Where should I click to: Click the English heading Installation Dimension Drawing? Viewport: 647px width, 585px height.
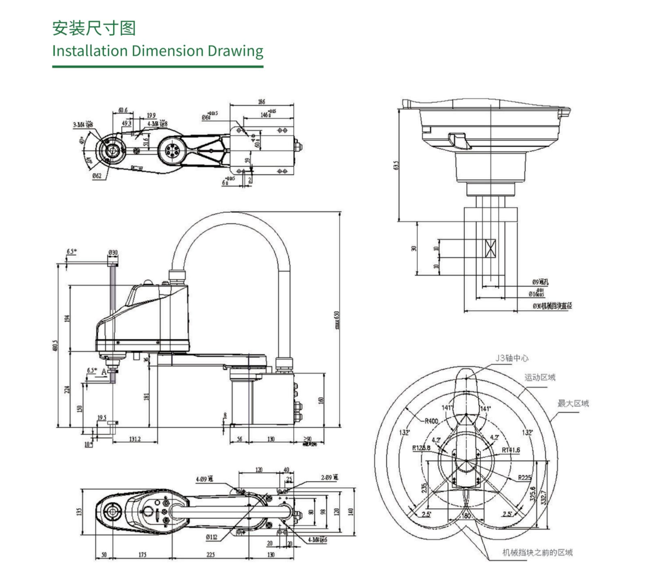158,51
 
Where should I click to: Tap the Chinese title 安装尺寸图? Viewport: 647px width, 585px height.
94,28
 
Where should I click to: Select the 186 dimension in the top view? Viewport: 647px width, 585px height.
262,102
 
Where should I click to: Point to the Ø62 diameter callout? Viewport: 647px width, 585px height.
97,176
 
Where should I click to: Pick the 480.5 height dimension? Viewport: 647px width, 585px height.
55,345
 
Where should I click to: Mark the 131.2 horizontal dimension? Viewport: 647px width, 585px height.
135,439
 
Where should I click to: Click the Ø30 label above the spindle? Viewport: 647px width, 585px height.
113,253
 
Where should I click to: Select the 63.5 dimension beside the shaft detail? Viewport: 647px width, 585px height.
396,165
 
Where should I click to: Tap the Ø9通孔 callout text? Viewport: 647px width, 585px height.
540,282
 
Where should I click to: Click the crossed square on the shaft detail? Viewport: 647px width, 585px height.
490,248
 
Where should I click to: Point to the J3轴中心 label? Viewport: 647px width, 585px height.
512,358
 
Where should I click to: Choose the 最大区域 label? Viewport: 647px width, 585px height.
573,403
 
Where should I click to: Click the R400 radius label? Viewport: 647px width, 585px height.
431,421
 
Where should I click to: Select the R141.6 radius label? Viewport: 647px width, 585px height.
511,450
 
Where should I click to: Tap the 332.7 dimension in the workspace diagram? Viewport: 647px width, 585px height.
543,497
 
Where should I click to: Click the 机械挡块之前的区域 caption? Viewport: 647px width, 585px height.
537,552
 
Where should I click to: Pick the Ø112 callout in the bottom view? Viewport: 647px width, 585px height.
211,537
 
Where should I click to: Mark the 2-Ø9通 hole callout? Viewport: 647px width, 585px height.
330,478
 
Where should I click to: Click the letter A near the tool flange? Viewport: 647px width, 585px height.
104,372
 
